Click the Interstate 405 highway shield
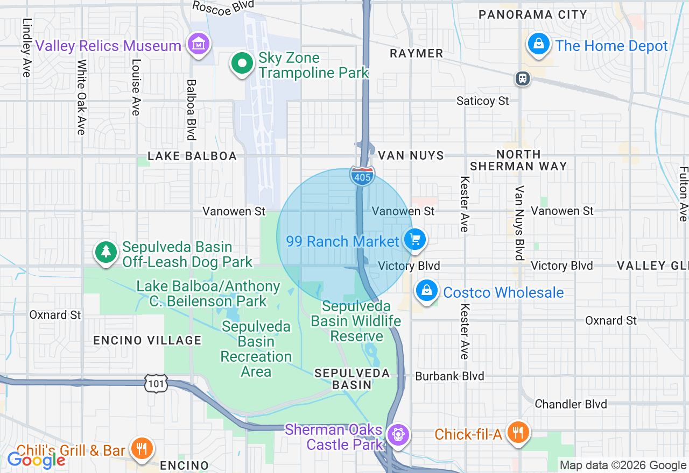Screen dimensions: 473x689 tap(362, 176)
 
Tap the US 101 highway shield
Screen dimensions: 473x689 tap(156, 384)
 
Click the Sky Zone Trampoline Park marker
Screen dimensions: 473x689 tap(242, 63)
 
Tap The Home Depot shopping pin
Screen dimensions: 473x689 tap(538, 44)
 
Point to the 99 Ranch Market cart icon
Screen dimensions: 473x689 tap(414, 239)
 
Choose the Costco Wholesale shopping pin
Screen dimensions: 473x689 tap(427, 291)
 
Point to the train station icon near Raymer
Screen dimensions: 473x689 tap(522, 78)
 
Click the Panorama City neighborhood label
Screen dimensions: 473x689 tap(532, 15)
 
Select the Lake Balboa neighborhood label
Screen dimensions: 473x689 tap(192, 156)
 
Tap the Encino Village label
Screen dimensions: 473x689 tap(147, 340)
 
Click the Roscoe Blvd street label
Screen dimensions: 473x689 tap(223, 7)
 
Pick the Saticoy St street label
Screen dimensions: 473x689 tap(482, 101)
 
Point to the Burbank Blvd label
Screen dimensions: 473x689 tap(449, 376)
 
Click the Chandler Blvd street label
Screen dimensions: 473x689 tap(571, 404)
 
